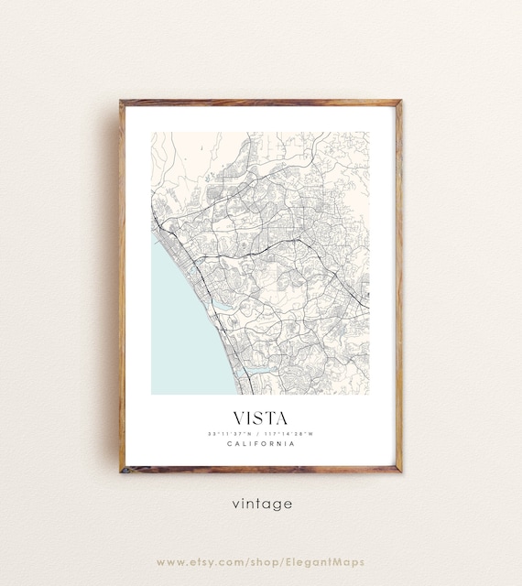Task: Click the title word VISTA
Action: [x=261, y=417]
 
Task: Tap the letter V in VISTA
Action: [x=240, y=417]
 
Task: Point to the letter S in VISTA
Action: [x=260, y=417]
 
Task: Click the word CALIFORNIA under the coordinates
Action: [x=261, y=444]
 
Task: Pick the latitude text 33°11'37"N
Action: [x=231, y=433]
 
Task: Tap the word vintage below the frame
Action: [x=262, y=504]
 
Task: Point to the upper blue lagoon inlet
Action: [x=223, y=303]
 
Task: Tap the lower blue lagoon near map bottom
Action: [x=255, y=370]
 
